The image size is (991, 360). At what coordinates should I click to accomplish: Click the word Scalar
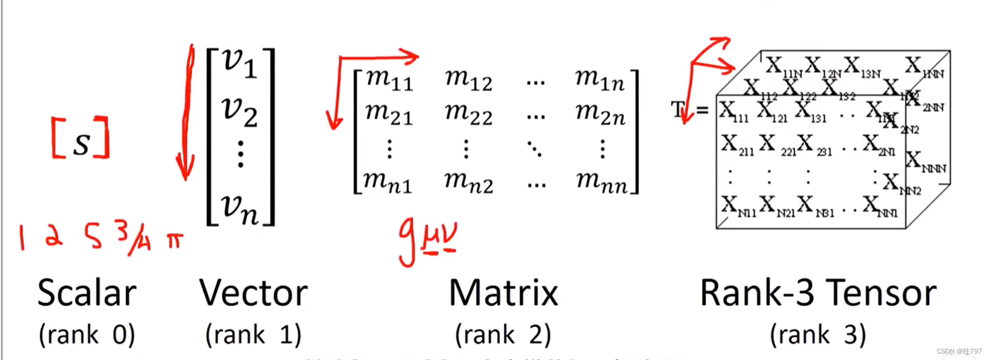coord(87,293)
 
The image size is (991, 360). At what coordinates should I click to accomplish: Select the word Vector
coord(253,293)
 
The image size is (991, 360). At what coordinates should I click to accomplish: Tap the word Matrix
coord(503,293)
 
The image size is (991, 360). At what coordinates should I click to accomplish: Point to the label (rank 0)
coord(87,335)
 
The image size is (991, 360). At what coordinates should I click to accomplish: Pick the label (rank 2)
coord(503,335)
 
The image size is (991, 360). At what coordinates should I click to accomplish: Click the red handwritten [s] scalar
coord(81,139)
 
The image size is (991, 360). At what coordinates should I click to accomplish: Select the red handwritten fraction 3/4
coord(132,238)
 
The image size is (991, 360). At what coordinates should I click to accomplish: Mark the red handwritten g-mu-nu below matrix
coord(427,240)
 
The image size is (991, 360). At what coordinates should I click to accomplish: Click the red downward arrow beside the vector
coord(187,112)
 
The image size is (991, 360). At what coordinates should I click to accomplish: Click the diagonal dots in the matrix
coord(534,149)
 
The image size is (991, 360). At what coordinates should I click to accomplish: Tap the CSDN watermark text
coord(959,351)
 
